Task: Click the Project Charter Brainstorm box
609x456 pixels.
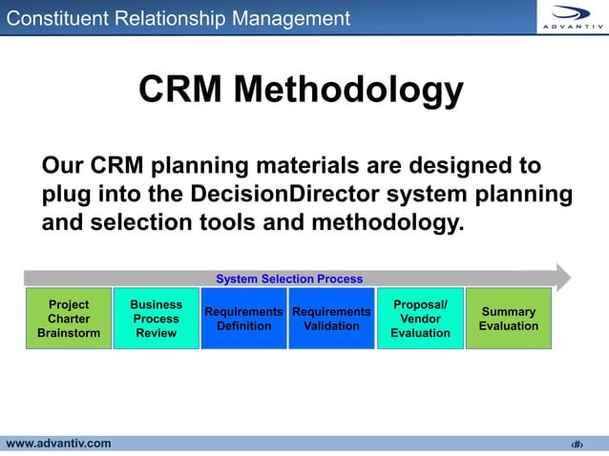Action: (69, 319)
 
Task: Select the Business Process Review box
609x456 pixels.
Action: (156, 319)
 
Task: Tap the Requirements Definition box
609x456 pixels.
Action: (243, 319)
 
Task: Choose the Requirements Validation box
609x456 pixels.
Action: (331, 319)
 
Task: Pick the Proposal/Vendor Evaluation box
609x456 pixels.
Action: (420, 319)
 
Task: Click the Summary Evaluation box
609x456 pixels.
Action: (508, 319)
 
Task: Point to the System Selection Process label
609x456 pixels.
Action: (289, 279)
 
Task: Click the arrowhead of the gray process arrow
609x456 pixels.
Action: (562, 278)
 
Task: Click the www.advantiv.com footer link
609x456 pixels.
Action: (59, 443)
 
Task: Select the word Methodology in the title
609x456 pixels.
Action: (348, 91)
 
